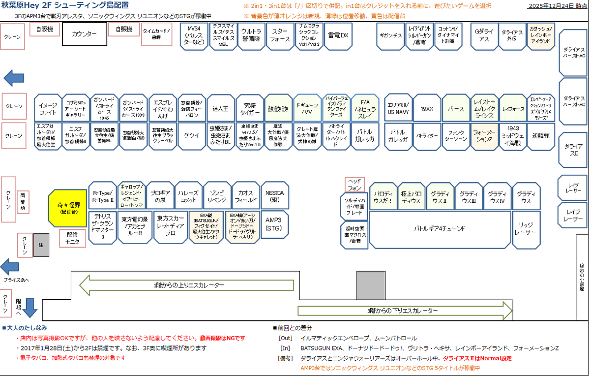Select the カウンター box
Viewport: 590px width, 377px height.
point(84,34)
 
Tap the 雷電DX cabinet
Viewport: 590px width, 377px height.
point(338,35)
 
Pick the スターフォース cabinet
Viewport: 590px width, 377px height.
point(280,35)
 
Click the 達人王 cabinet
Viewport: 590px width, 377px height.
point(221,108)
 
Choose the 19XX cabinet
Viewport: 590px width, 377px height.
point(427,108)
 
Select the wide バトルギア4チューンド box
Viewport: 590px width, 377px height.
point(439,229)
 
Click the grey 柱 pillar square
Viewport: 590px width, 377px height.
point(41,245)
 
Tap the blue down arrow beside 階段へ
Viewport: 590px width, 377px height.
point(30,307)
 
